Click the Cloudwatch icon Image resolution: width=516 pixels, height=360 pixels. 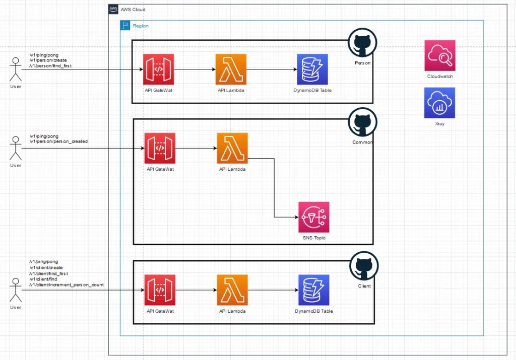pyautogui.click(x=439, y=56)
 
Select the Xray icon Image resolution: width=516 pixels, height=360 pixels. pyautogui.click(x=439, y=103)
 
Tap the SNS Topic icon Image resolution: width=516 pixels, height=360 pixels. pyautogui.click(x=313, y=217)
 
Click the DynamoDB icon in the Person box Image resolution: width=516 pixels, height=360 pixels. pyautogui.click(x=312, y=69)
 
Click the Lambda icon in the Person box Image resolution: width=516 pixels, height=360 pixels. pyautogui.click(x=230, y=69)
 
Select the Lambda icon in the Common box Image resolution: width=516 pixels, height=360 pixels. pyautogui.click(x=232, y=148)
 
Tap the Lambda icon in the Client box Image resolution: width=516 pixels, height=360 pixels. pyautogui.click(x=232, y=290)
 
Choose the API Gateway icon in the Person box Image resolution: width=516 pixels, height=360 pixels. pyautogui.click(x=158, y=69)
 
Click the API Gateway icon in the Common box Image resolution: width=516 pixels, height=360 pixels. pyautogui.click(x=160, y=148)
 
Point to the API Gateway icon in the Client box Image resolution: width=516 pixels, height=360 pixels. pyautogui.click(x=160, y=290)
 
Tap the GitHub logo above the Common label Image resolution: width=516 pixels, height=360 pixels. pyautogui.click(x=362, y=123)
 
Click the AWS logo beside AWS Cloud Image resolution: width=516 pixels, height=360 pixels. pyautogui.click(x=113, y=9)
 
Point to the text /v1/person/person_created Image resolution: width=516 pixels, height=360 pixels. pyautogui.click(x=58, y=141)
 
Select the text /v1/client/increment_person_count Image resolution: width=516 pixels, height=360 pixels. pyautogui.click(x=67, y=284)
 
